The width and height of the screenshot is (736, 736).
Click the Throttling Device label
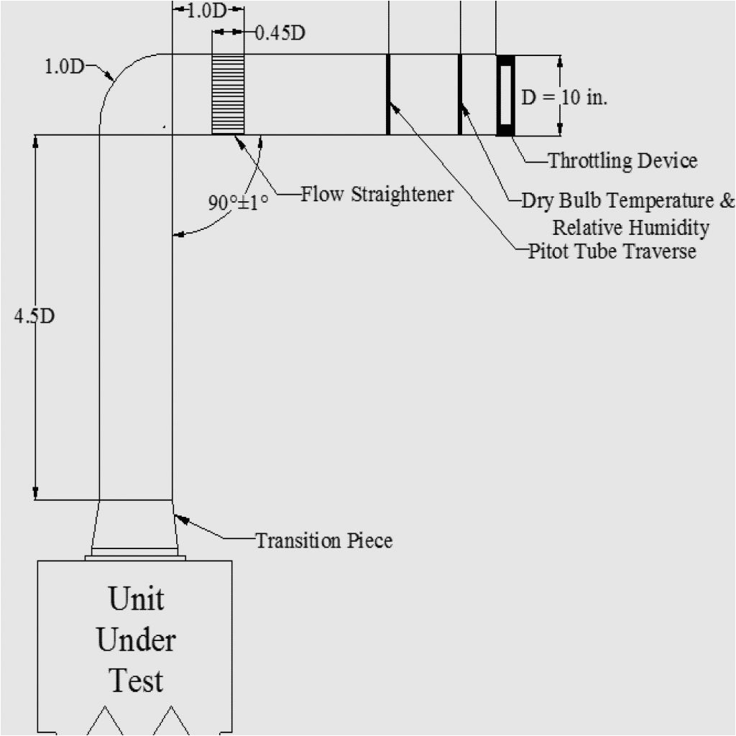[x=622, y=160]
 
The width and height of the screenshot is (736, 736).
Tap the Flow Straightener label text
[x=377, y=194]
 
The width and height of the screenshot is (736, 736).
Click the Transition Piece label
[x=324, y=540]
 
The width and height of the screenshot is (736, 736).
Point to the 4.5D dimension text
[x=34, y=316]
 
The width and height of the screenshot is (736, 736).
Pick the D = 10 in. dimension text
[x=564, y=97]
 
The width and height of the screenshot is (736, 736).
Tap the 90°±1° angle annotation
[x=238, y=203]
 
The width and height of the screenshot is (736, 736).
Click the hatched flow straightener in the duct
[x=228, y=94]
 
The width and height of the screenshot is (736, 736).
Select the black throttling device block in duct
[x=506, y=95]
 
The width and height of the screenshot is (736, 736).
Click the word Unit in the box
[x=136, y=598]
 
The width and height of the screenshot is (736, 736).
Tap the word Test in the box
[x=136, y=680]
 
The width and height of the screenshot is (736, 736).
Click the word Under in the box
[x=136, y=639]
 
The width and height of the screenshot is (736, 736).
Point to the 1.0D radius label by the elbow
[x=64, y=67]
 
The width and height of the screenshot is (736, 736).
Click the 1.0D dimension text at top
[x=208, y=11]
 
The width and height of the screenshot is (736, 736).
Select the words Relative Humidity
[x=630, y=228]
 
